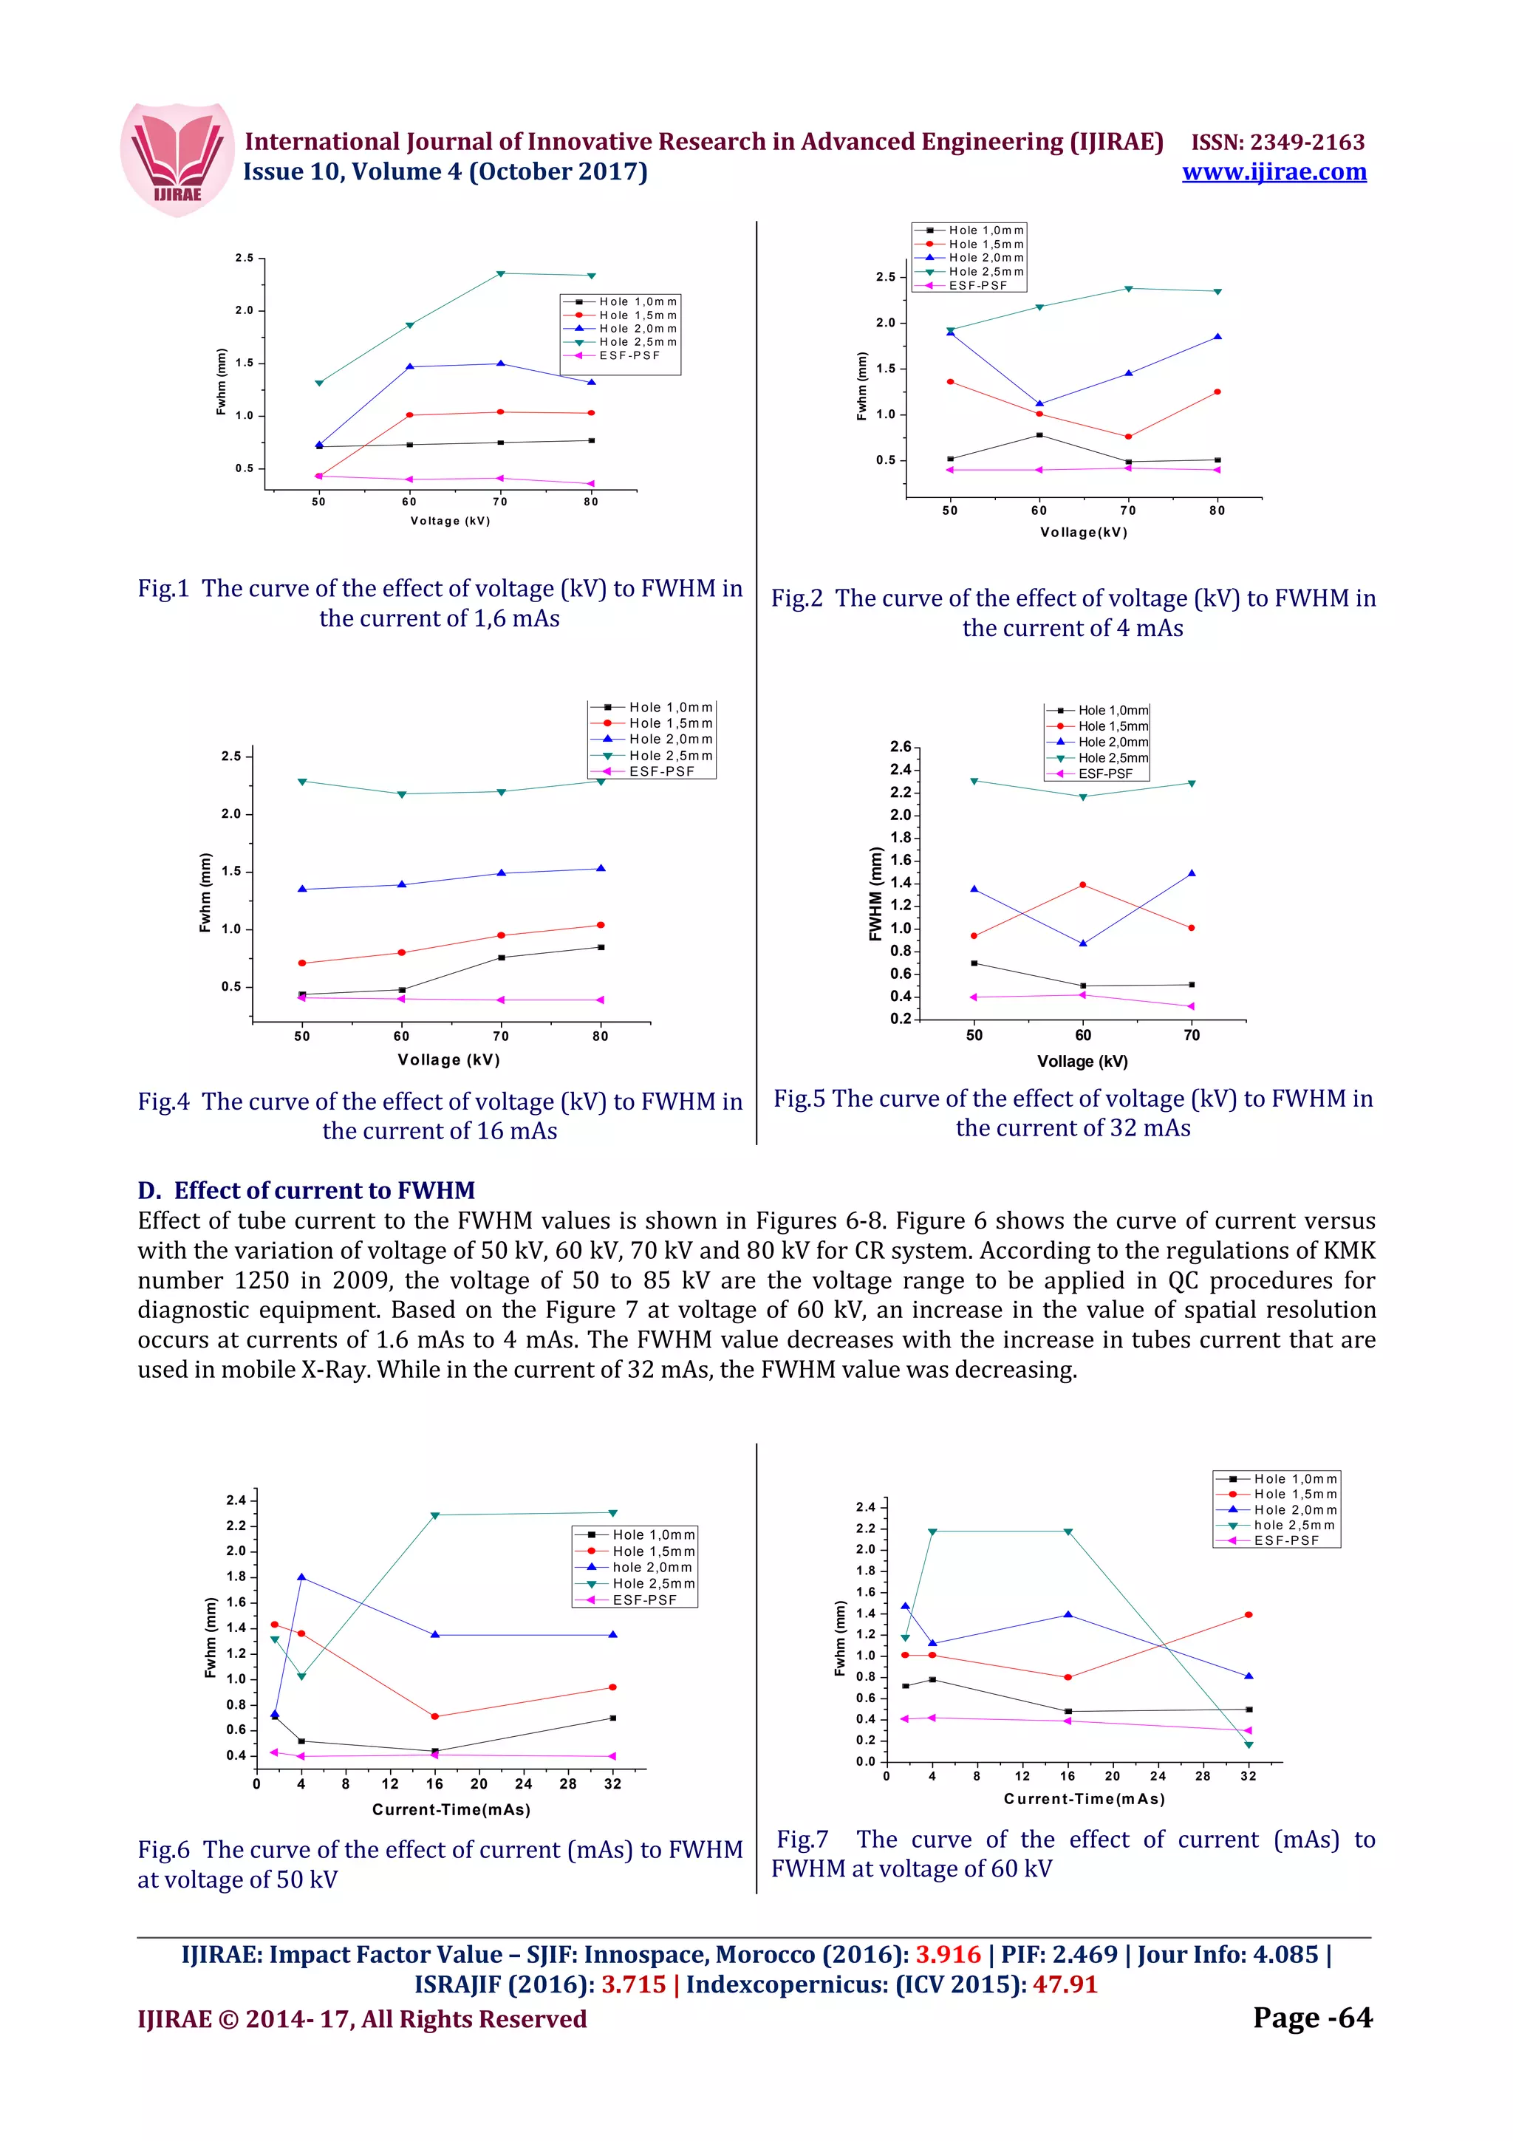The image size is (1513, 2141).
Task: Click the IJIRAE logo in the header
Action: click(177, 160)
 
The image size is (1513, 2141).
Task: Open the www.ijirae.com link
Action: click(1274, 173)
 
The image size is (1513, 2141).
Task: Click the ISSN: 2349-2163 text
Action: click(1277, 142)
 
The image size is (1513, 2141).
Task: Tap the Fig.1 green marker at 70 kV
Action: click(501, 273)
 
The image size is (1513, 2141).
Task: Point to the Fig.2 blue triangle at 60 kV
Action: click(1039, 404)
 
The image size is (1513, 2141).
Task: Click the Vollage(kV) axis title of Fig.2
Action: click(1083, 533)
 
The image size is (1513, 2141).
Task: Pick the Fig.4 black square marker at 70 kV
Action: click(502, 957)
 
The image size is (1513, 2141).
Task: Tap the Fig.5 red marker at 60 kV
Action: click(1082, 885)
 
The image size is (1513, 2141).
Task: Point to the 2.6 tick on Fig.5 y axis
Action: click(900, 747)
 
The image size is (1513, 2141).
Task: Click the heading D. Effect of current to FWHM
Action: click(306, 1191)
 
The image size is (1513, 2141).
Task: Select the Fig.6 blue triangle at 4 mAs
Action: click(301, 1577)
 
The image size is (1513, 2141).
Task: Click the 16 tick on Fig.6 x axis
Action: click(434, 1784)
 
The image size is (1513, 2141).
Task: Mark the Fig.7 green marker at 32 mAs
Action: click(1249, 1745)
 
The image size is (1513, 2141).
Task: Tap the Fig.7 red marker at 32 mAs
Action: click(1249, 1614)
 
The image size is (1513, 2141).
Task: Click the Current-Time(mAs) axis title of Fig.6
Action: click(451, 1810)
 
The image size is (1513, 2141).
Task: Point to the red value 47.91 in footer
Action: click(1065, 1984)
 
